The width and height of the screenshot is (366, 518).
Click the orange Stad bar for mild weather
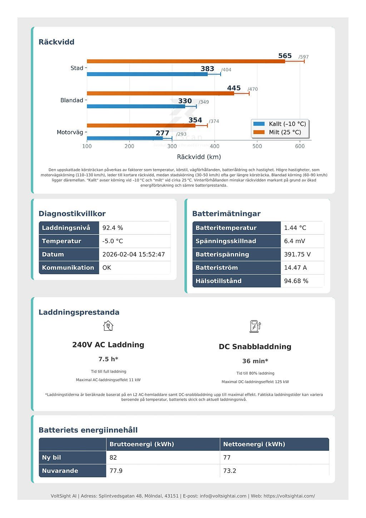186,61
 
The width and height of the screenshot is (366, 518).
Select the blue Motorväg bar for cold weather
125,138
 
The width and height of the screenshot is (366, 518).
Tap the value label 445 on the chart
234,88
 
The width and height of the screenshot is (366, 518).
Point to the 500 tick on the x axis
257,146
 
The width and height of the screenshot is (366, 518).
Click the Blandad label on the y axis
71,100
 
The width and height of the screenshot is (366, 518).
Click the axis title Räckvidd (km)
199,157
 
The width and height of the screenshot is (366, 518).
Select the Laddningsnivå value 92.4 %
113,228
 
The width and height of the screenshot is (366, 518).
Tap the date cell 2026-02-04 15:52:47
134,254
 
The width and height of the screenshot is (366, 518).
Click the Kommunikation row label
68,267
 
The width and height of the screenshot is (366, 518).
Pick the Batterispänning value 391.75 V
297,254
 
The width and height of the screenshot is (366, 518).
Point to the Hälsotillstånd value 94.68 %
296,281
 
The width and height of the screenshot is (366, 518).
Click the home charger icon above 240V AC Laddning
108,326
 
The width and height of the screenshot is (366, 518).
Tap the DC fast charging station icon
255,326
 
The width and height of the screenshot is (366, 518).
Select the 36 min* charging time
255,361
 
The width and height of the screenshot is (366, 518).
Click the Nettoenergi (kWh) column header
254,444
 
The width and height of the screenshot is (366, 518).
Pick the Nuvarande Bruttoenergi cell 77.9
116,470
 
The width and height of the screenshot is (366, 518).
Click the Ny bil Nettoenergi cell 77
227,457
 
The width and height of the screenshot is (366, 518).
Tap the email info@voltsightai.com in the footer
223,496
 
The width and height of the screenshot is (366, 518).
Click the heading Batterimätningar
226,213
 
